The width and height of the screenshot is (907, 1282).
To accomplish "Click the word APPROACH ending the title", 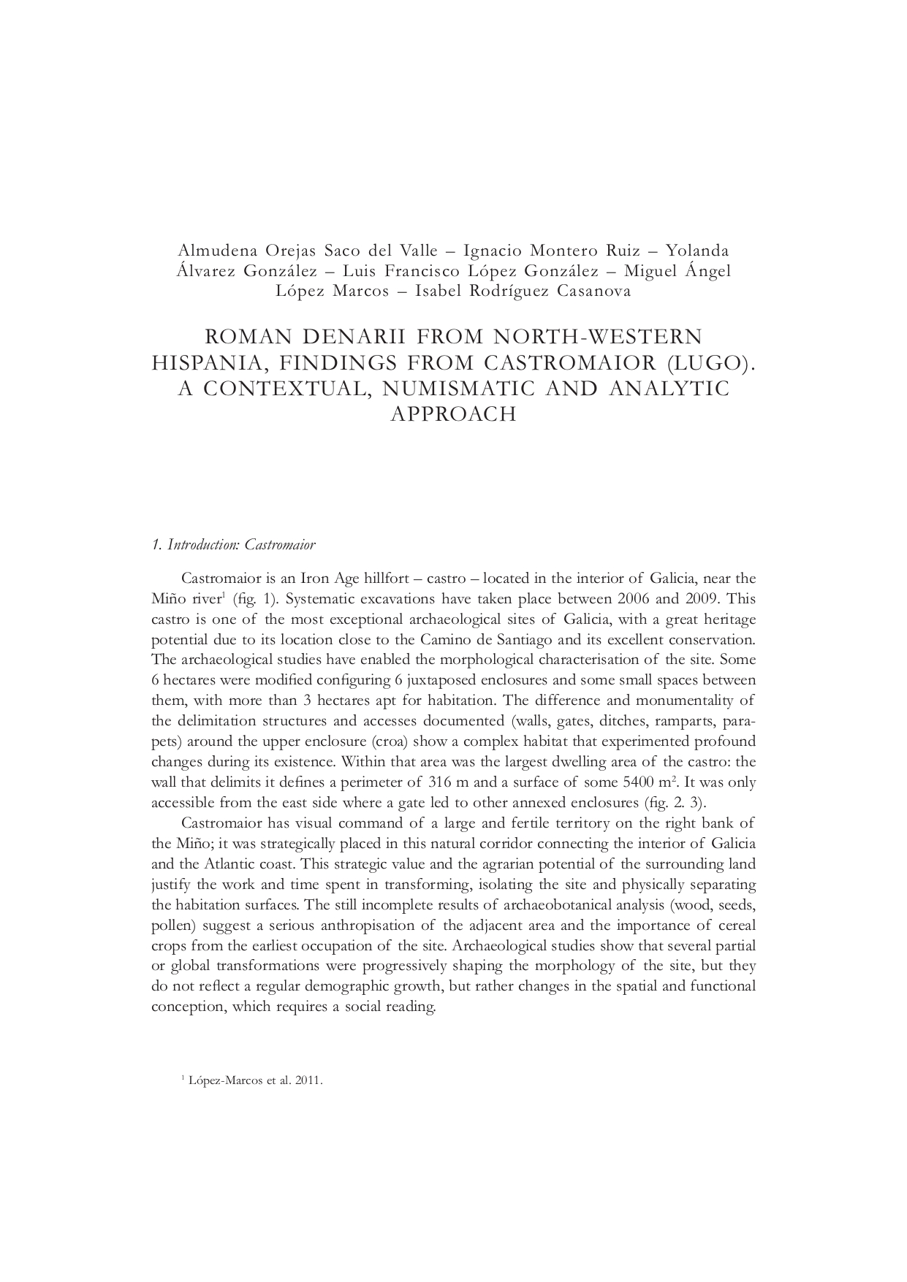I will point(453,414).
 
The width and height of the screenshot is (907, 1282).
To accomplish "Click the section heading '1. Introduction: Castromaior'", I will point(232,545).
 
